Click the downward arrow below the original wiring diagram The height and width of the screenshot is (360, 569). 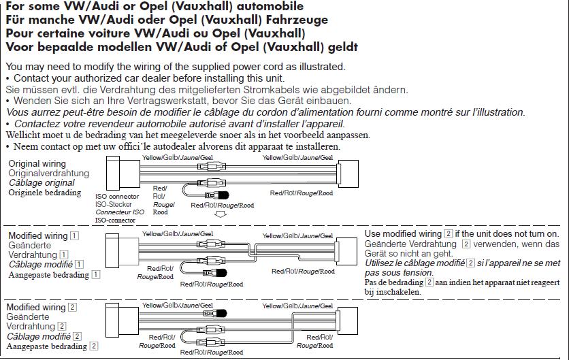tap(220, 214)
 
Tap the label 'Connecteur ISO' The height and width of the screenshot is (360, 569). tap(118, 212)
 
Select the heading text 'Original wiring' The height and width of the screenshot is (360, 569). tap(37, 164)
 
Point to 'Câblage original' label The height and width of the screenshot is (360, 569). tap(42, 183)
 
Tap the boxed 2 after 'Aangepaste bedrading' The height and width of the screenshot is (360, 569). tap(94, 346)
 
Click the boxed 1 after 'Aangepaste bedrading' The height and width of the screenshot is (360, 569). tap(96, 275)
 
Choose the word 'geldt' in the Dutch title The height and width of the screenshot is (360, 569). tap(340, 48)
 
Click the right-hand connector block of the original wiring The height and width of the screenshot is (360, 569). tap(347, 175)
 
